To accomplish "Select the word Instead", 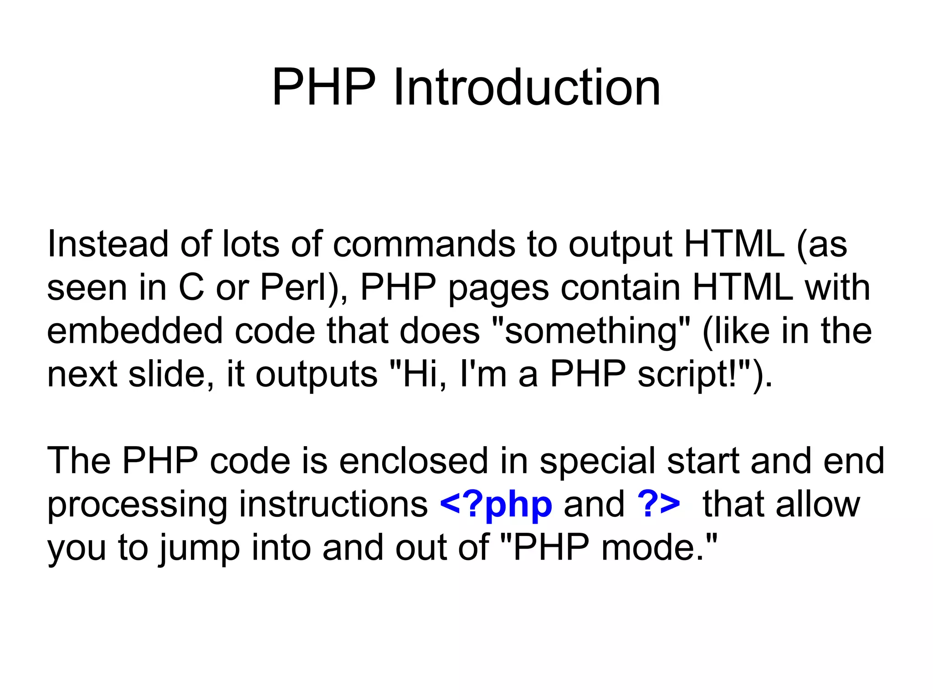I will [108, 244].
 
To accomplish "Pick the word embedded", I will [135, 331].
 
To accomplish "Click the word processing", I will [137, 504].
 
